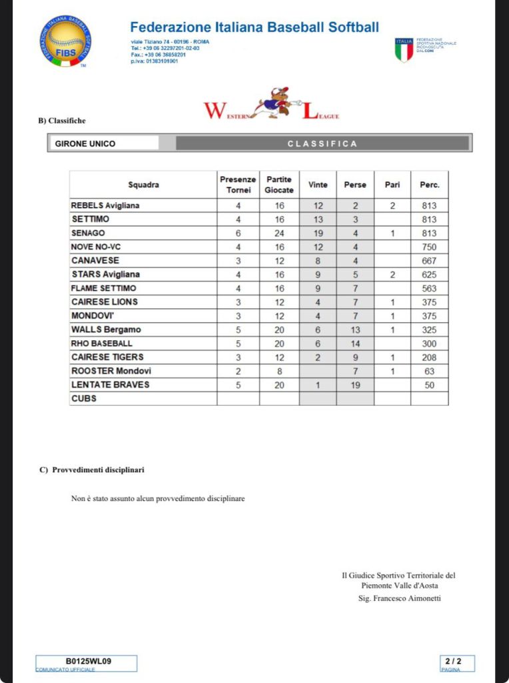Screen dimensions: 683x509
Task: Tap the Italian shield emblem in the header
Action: tap(404, 50)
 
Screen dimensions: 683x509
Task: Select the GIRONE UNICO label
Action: tap(85, 143)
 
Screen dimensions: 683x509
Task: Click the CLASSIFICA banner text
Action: tap(322, 143)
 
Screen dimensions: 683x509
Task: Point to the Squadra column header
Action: tap(143, 185)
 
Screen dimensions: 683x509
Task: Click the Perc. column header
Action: tap(429, 185)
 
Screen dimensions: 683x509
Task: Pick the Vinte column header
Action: tap(318, 185)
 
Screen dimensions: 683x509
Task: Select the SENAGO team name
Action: tap(87, 233)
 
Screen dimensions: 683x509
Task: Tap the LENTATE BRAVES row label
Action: tap(110, 385)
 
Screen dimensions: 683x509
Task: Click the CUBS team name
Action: tap(83, 398)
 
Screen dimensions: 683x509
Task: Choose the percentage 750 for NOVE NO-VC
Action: tap(429, 247)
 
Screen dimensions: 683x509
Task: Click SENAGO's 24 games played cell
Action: tap(280, 233)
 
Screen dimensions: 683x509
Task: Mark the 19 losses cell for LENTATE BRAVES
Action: tap(355, 385)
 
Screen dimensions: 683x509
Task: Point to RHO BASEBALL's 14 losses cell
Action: tap(355, 344)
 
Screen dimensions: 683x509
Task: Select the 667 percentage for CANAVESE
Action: tap(429, 261)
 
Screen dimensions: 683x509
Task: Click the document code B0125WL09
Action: tap(88, 662)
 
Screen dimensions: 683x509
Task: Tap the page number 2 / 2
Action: tap(453, 662)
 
